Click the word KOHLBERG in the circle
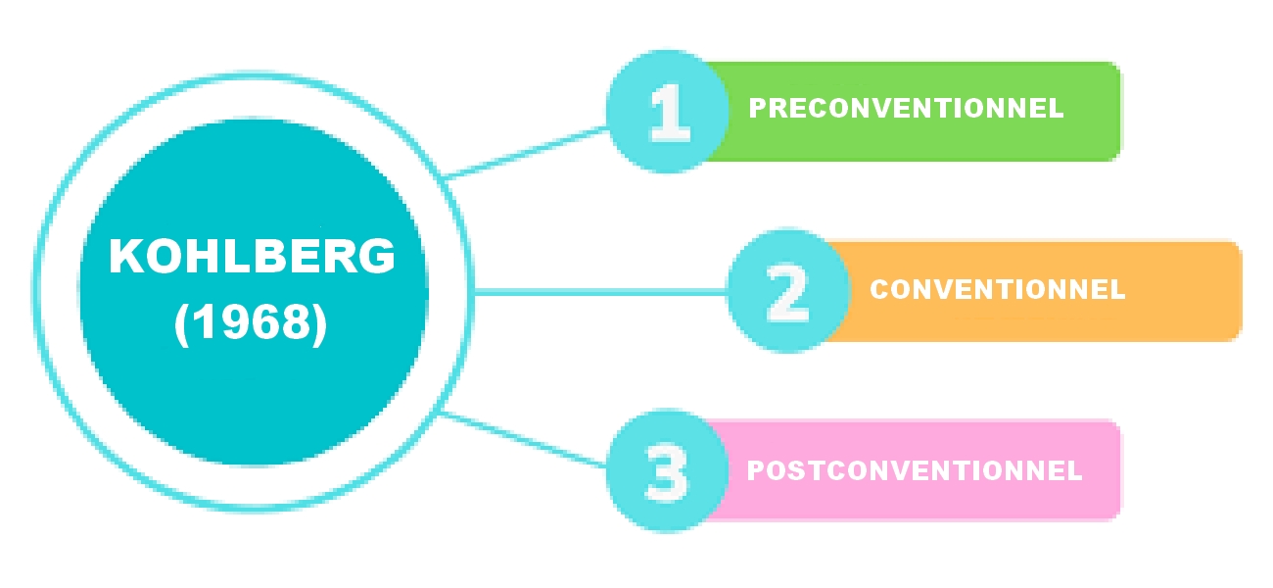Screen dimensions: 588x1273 (x=253, y=258)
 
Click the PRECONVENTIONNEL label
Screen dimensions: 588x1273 (x=906, y=109)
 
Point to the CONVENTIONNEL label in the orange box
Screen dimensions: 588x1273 (x=997, y=290)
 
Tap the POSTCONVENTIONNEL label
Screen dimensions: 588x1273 (x=914, y=470)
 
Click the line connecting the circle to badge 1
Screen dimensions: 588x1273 (x=529, y=151)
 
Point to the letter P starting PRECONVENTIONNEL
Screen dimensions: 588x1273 (x=757, y=109)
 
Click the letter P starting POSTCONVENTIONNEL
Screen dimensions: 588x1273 (x=756, y=470)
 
